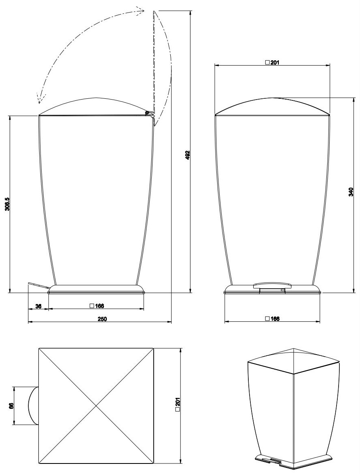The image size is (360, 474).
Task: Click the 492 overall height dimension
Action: pyautogui.click(x=187, y=155)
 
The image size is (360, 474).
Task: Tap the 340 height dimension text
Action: pyautogui.click(x=351, y=191)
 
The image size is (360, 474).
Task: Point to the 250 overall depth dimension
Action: pyautogui.click(x=102, y=319)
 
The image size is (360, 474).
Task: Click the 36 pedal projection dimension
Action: pyautogui.click(x=38, y=306)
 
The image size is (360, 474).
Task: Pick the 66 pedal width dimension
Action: pyautogui.click(x=11, y=406)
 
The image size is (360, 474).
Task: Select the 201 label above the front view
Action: pyautogui.click(x=272, y=63)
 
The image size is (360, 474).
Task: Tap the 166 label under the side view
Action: pyautogui.click(x=97, y=306)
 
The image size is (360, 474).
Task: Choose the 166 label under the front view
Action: pyautogui.click(x=272, y=319)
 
